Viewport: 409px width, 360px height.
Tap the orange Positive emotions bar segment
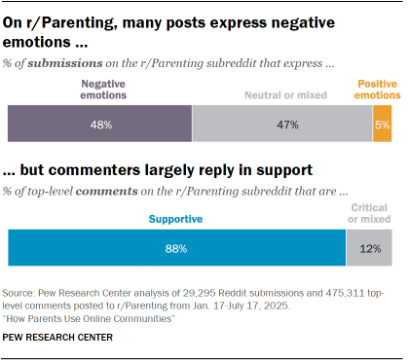pyautogui.click(x=382, y=125)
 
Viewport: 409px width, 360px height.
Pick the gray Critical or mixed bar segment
pyautogui.click(x=369, y=248)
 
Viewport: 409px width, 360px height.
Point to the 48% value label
pyautogui.click(x=100, y=125)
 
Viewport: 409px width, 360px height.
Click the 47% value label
pyautogui.click(x=282, y=125)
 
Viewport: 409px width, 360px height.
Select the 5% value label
pyautogui.click(x=382, y=125)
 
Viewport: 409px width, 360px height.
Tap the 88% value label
pyautogui.click(x=176, y=248)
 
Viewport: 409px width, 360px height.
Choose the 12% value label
pyautogui.click(x=369, y=248)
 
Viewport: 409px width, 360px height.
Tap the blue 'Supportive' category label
pyautogui.click(x=176, y=220)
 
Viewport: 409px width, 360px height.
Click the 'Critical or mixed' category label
pyautogui.click(x=371, y=214)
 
